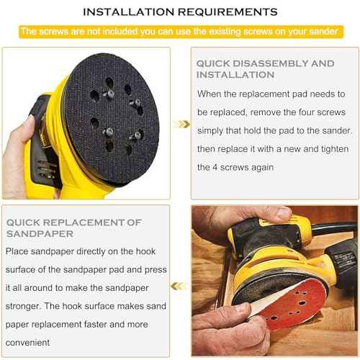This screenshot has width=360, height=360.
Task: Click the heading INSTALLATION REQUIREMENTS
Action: point(180,12)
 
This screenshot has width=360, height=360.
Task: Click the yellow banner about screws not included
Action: point(180,32)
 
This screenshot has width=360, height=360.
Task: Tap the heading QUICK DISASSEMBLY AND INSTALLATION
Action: point(265,69)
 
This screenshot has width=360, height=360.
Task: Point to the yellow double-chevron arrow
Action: point(184,124)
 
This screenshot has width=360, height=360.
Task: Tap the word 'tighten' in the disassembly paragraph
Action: point(318,148)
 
